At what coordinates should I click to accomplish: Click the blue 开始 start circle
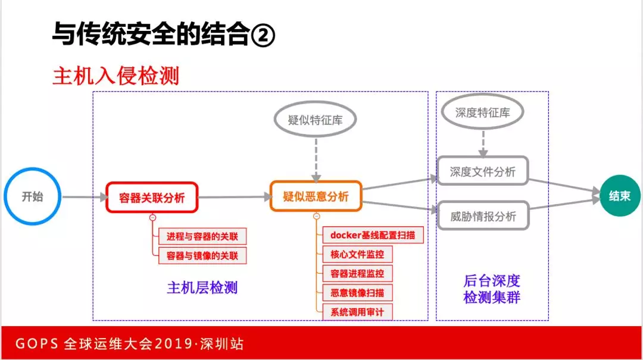33,196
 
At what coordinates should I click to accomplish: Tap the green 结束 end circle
620,196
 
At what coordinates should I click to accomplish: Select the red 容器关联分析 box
152,198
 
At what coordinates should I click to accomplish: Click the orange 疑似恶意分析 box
316,196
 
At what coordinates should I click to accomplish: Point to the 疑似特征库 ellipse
316,120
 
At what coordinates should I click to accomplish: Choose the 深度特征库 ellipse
483,112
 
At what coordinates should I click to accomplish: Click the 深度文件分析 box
483,172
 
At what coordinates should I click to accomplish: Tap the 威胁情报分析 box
483,216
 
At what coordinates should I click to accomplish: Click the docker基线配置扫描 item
373,235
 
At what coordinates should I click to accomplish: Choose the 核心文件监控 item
357,254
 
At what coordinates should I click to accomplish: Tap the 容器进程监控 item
357,274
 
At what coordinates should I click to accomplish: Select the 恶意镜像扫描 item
357,293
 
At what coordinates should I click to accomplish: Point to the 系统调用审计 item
357,312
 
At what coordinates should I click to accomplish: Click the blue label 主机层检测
202,288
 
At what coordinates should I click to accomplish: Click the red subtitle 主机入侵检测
116,76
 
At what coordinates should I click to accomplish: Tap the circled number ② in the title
263,35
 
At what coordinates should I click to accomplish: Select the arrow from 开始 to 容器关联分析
83,197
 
